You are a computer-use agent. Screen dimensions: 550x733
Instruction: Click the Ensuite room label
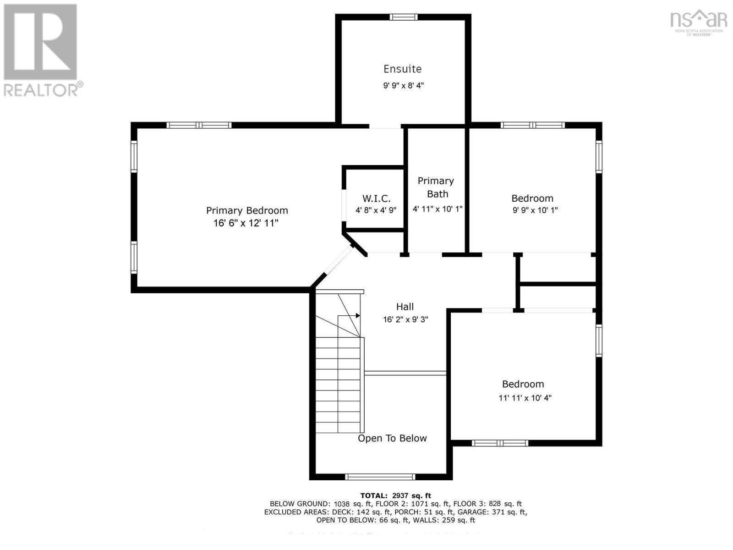402,69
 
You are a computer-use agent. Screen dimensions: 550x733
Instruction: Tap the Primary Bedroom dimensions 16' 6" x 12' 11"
246,223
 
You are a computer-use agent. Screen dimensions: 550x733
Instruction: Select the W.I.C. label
376,198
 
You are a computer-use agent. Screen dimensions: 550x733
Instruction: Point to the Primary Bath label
436,187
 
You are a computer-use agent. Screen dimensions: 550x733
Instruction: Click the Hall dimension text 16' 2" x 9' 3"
405,319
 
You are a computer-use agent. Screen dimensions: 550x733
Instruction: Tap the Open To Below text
392,438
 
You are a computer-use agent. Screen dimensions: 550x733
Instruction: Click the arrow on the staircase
357,315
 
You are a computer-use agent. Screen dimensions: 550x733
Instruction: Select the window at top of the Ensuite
404,17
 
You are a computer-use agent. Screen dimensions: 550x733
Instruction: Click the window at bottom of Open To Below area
380,477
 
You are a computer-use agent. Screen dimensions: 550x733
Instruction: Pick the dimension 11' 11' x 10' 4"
525,398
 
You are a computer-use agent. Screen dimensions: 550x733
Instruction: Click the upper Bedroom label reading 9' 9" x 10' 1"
535,210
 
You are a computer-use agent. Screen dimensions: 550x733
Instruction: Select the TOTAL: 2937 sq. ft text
395,495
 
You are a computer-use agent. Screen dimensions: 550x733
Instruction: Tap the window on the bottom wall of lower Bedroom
500,443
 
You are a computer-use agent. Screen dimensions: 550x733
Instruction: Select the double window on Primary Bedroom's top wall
199,125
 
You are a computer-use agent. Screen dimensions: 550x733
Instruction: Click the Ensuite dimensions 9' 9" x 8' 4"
403,86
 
